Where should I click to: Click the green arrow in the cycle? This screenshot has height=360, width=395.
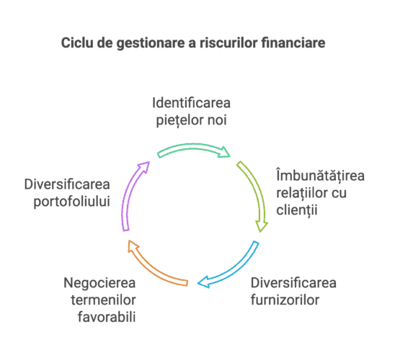193,148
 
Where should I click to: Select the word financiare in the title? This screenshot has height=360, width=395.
293,42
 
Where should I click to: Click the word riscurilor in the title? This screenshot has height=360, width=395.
228,42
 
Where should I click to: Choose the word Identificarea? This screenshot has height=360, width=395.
191,103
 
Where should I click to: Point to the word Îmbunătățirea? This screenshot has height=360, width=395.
320,175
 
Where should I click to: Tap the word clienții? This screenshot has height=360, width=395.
297,210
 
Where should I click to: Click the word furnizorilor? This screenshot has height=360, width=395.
285,300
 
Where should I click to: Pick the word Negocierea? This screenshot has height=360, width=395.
99,283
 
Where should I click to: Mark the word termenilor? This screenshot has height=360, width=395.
103,300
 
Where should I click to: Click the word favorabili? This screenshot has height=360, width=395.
107,317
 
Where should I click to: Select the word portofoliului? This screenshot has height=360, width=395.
72,202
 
